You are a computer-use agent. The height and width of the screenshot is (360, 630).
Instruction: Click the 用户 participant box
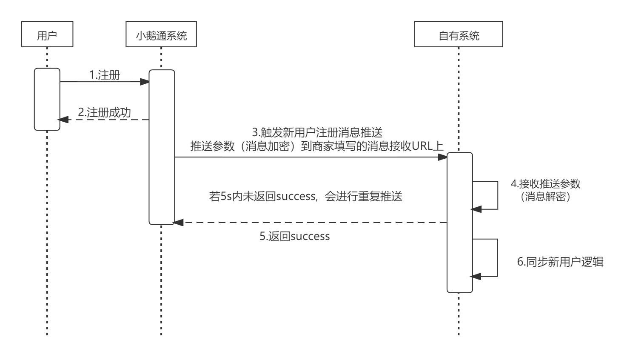(x=47, y=36)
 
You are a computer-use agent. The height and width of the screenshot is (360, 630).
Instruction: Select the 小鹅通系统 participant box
(x=161, y=36)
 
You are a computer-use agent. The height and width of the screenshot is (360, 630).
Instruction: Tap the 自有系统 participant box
(x=459, y=36)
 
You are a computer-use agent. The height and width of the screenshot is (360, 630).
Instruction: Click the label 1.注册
(x=105, y=75)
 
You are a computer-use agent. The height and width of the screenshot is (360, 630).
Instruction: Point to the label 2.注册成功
(x=104, y=113)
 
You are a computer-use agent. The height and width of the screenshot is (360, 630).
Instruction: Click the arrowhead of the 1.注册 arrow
(x=145, y=82)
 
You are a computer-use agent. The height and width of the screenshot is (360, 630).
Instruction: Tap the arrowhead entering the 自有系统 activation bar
(x=442, y=157)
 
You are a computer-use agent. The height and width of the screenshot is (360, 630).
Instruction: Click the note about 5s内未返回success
(x=306, y=197)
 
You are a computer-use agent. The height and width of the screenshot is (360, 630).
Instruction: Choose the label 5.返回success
(x=295, y=236)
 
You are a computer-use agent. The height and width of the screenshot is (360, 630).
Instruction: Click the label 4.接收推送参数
(x=545, y=184)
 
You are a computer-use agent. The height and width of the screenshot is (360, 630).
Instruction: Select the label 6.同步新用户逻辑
(x=560, y=262)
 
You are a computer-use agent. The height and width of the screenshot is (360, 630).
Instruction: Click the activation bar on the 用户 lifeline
(x=47, y=99)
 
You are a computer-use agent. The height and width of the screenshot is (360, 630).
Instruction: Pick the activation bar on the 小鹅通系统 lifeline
(x=162, y=147)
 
